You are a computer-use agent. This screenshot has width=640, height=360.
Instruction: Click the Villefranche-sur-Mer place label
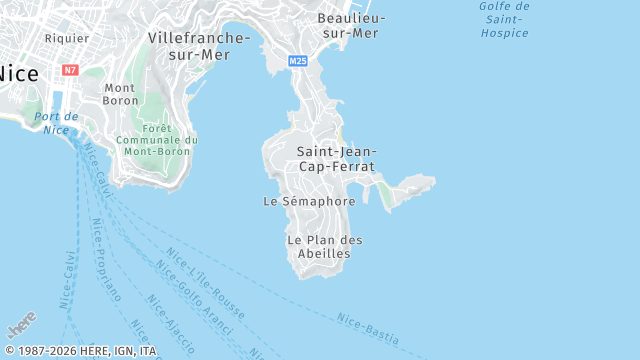point(198,45)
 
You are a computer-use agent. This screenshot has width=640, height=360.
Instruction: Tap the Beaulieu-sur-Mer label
point(348,25)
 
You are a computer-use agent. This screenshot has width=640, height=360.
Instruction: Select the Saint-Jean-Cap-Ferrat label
point(336,158)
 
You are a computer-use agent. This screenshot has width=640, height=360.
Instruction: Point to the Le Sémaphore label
point(309,201)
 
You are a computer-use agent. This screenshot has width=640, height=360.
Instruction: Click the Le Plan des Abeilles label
point(324,246)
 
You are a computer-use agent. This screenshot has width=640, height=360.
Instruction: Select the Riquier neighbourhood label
point(67,38)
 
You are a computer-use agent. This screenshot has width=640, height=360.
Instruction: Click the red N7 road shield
point(69,70)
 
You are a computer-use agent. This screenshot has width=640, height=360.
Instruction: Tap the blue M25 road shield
point(298,61)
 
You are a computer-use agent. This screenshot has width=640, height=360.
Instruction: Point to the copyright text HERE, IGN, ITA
point(80,351)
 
